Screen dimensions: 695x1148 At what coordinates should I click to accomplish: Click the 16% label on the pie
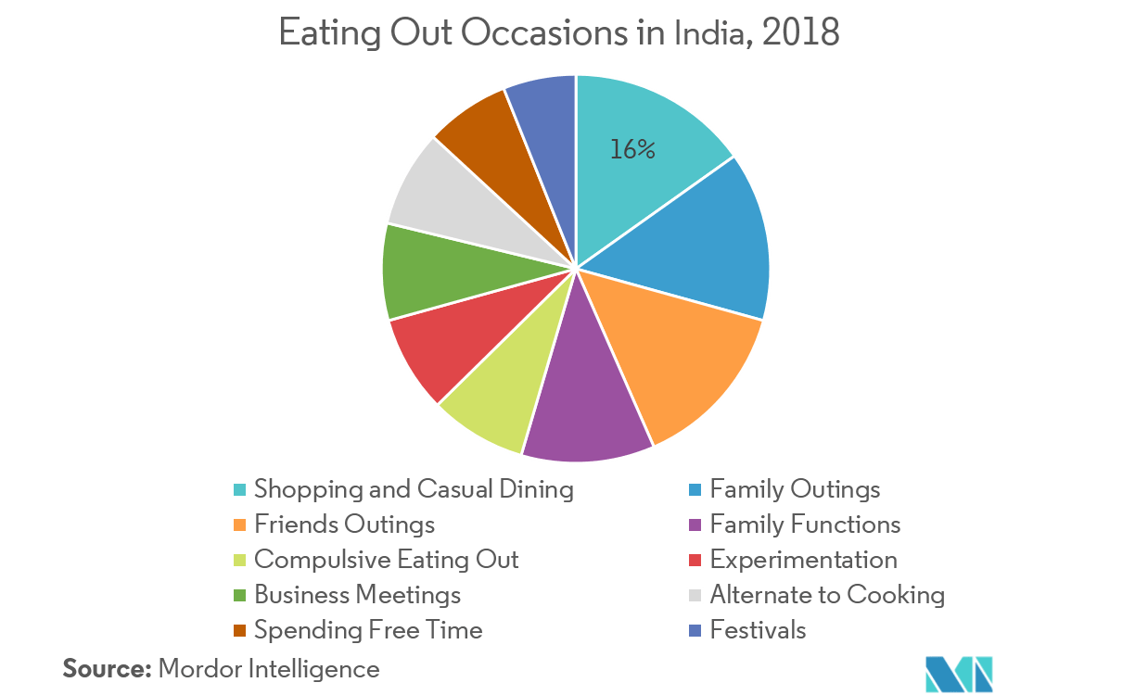click(632, 150)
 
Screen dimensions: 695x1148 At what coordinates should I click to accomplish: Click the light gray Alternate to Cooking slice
click(445, 199)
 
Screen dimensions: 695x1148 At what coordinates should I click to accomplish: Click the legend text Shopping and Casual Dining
click(414, 488)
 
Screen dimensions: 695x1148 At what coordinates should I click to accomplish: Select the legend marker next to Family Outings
click(695, 489)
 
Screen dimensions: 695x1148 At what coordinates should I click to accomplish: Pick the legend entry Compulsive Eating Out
click(387, 560)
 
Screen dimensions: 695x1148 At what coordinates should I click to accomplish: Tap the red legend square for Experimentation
click(695, 561)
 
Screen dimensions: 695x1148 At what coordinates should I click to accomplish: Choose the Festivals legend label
click(758, 631)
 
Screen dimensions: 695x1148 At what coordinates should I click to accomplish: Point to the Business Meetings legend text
click(358, 595)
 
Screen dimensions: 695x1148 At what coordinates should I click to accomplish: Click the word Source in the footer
click(105, 668)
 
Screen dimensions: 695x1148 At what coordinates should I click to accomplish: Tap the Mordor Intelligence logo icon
click(959, 673)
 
